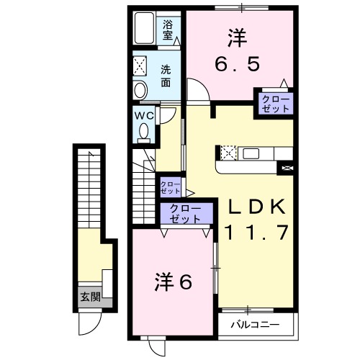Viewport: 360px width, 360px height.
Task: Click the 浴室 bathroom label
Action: [168, 29]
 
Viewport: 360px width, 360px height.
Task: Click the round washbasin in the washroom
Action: [140, 90]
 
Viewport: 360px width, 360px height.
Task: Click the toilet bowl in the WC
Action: [144, 132]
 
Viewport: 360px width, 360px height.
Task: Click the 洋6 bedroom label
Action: [174, 282]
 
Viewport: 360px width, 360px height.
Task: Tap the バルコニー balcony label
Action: [254, 325]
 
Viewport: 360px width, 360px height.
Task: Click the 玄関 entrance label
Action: [91, 296]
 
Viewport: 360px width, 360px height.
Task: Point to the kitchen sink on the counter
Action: [252, 153]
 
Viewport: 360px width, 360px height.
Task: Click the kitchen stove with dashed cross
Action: [228, 153]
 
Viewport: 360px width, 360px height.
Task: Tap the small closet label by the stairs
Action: [170, 186]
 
